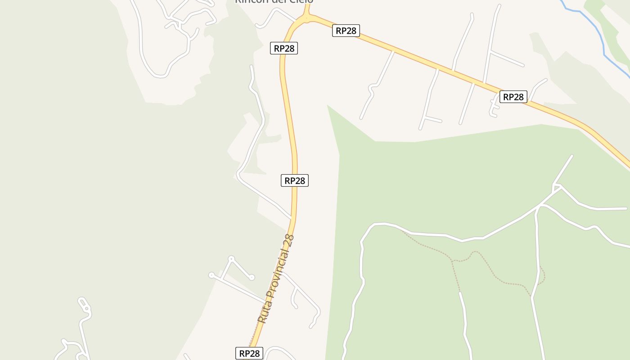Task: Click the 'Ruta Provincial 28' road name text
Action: click(276, 279)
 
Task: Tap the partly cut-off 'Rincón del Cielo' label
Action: click(274, 1)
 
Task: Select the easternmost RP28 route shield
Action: click(513, 97)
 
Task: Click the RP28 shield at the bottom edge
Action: click(249, 353)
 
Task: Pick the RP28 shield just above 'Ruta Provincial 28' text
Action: click(295, 180)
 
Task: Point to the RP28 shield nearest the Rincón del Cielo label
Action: click(346, 31)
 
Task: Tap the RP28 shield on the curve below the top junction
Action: click(284, 48)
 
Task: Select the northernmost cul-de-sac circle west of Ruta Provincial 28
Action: click(231, 259)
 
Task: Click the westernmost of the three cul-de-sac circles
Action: click(211, 275)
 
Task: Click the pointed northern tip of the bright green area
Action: click(328, 106)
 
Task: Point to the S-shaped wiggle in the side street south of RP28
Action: click(372, 90)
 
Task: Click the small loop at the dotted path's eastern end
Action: click(542, 275)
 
